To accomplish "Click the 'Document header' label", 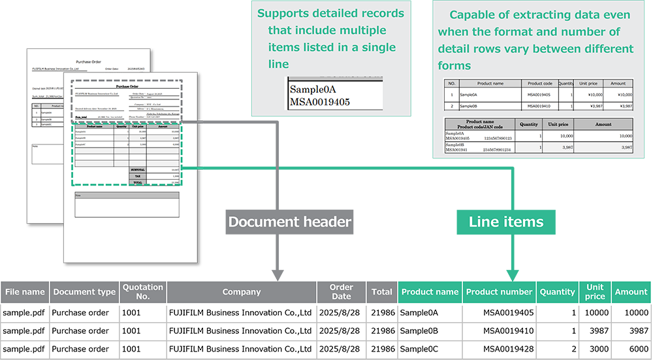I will click(x=289, y=221).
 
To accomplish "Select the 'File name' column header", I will click(x=25, y=292).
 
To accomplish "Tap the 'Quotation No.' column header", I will click(x=143, y=292).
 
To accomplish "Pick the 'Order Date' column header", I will click(x=342, y=292).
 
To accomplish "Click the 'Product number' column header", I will click(x=499, y=292).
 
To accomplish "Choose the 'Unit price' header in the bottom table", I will click(x=594, y=292).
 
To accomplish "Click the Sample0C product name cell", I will click(x=419, y=348).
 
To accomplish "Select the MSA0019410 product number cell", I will click(x=508, y=331).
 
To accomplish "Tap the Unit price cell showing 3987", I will click(x=597, y=331).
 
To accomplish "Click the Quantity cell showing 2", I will click(x=573, y=348).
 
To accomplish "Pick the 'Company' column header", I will click(x=242, y=292).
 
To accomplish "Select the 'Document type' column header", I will click(x=84, y=292).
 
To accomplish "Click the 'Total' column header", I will click(x=381, y=292).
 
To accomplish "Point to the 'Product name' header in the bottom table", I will click(x=430, y=292).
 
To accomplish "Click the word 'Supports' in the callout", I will click(x=285, y=13).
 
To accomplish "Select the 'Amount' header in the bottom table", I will click(x=631, y=292).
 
